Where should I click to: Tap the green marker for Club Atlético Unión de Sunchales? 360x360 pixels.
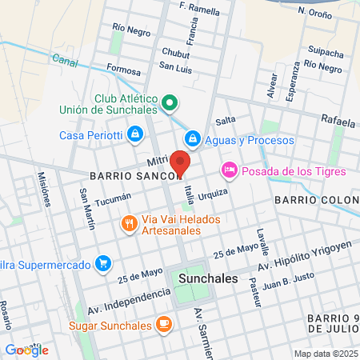[x=169, y=102]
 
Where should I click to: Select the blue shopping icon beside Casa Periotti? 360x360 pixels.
[x=135, y=132]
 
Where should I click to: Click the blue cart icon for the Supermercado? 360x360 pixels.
[x=102, y=262]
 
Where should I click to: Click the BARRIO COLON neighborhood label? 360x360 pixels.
[x=316, y=198]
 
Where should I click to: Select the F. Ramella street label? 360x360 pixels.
[x=200, y=8]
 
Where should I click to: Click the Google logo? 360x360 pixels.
[x=26, y=350]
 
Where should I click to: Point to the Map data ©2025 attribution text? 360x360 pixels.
[x=325, y=354]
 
